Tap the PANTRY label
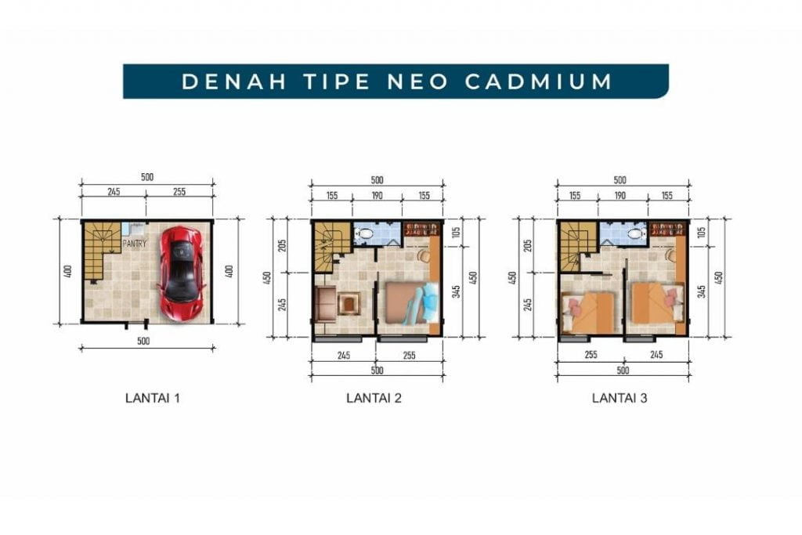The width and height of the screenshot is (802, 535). (134, 244)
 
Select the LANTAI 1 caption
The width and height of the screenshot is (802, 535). (153, 398)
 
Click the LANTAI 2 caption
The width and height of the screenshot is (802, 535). (374, 398)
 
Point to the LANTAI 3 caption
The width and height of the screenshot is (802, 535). (620, 398)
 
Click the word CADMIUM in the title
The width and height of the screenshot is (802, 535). (539, 81)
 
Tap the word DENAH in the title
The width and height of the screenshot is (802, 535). (233, 81)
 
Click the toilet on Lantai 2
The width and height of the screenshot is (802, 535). (366, 233)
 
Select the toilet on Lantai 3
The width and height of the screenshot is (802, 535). (634, 233)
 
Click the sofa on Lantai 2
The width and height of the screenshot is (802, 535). (325, 305)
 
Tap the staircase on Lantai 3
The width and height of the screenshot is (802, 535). (577, 246)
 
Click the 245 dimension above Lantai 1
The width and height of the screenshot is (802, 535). (114, 191)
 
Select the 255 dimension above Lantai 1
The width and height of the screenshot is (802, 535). (179, 191)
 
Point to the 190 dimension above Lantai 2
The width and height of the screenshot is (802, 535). (377, 195)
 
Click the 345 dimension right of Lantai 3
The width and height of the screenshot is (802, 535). (702, 291)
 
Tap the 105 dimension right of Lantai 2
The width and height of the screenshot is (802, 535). (457, 232)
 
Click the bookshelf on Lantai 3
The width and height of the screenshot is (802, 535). (667, 229)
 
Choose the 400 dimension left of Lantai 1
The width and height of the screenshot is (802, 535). (69, 271)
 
